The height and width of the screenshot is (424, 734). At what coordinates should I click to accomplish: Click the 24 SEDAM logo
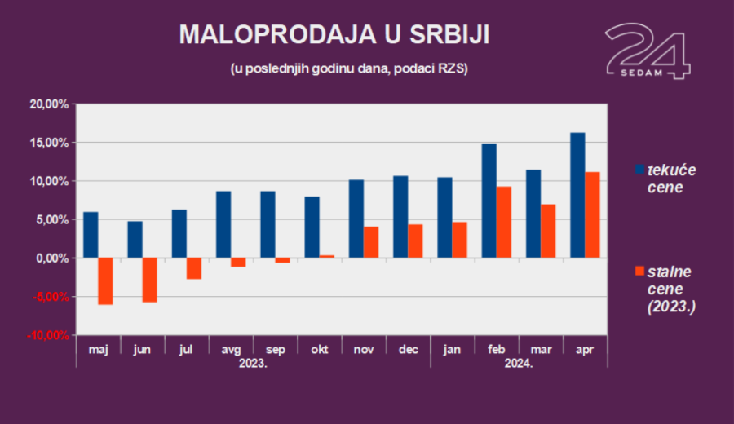pos(648,51)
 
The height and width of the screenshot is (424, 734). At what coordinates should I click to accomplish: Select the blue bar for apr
pos(577,195)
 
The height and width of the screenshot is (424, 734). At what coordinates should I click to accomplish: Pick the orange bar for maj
pos(105,280)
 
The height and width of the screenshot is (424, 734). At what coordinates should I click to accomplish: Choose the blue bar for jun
pos(135,239)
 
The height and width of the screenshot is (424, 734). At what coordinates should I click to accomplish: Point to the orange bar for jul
pos(194,268)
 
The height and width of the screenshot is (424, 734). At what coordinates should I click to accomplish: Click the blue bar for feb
pos(489,201)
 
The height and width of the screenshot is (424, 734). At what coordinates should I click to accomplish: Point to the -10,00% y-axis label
pos(47,335)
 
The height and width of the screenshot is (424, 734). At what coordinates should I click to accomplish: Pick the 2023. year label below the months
pos(253,364)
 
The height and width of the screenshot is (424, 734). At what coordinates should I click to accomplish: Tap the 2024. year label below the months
pos(519,364)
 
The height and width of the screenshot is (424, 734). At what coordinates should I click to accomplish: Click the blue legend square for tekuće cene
pos(640,170)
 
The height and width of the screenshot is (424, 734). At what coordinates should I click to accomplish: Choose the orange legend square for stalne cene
pos(640,270)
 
